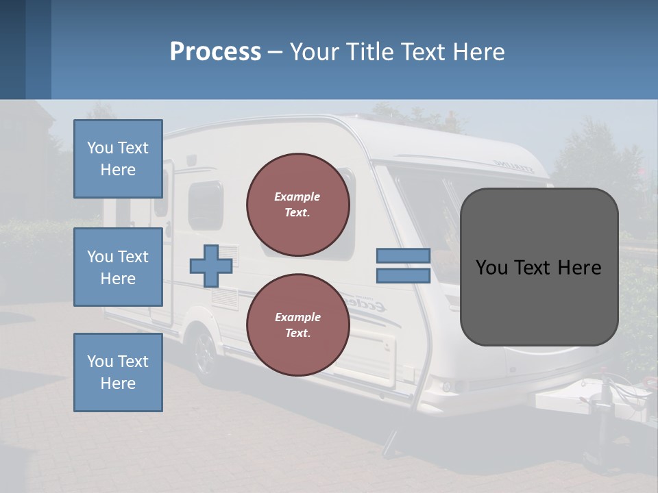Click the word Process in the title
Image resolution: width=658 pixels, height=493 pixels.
click(215, 51)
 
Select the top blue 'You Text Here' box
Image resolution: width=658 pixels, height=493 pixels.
click(118, 159)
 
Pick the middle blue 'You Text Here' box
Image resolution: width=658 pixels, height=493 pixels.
click(118, 267)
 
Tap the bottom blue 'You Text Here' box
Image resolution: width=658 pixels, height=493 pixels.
click(118, 372)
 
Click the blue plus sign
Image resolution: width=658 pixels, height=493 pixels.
click(210, 266)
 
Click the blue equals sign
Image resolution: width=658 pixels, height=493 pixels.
click(403, 266)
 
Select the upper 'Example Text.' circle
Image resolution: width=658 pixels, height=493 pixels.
click(297, 205)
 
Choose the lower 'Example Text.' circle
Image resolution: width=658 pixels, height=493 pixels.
click(297, 325)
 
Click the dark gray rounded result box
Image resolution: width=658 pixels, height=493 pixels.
click(539, 267)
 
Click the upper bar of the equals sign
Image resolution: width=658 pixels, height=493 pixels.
click(403, 256)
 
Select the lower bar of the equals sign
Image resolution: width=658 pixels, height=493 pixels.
click(403, 275)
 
